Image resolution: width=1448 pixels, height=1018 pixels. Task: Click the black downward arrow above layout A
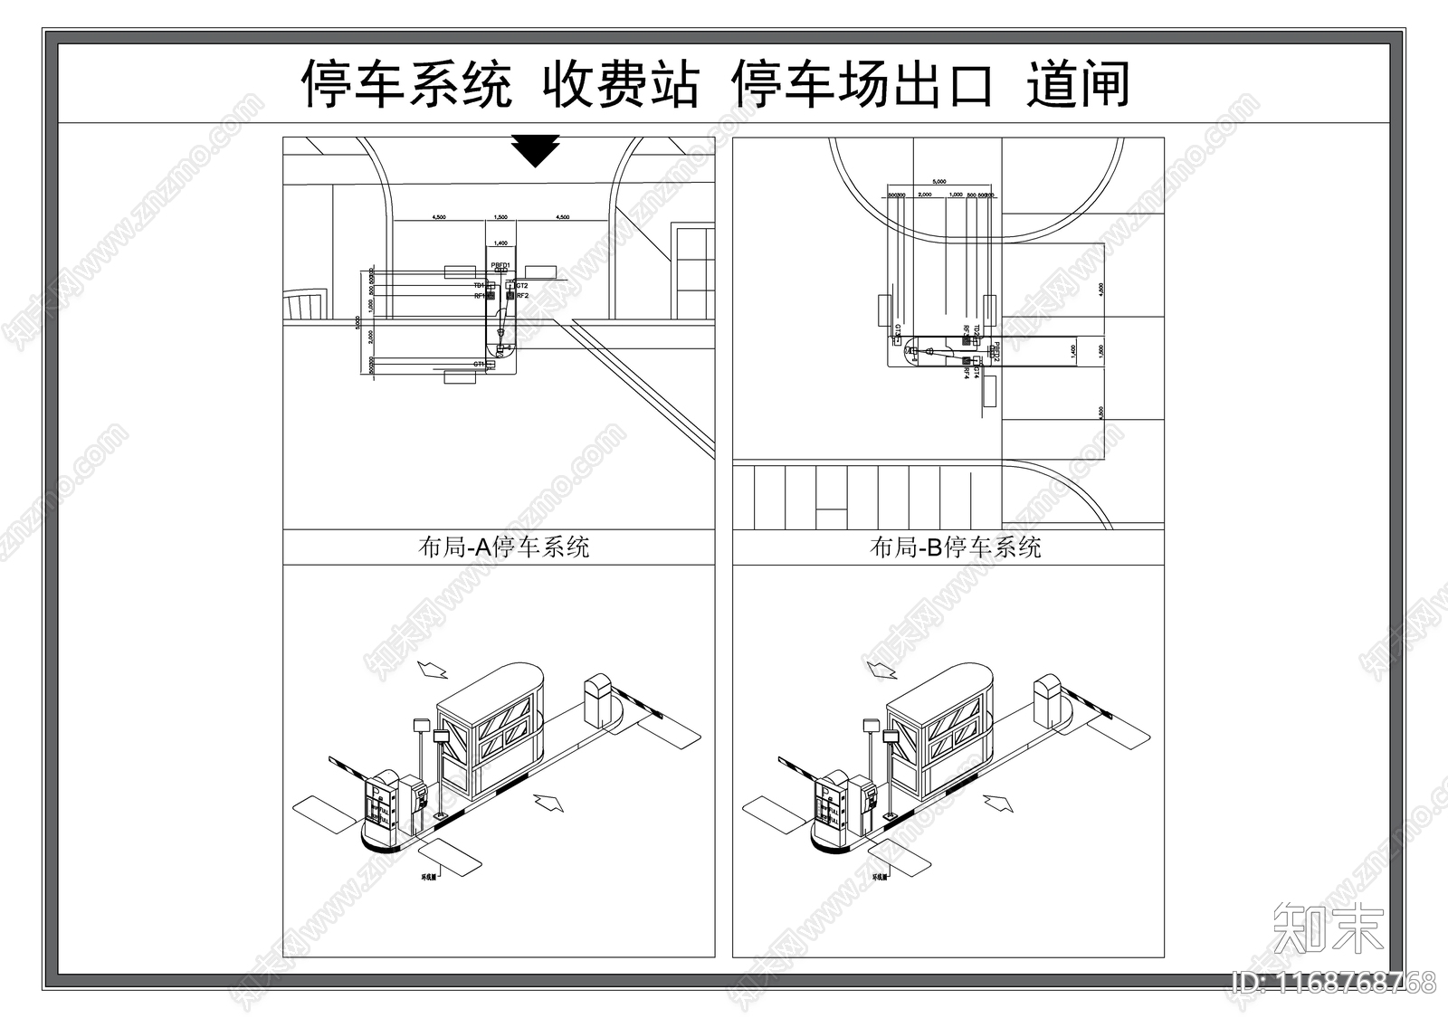tap(536, 150)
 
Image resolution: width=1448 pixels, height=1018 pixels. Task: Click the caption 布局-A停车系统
tap(504, 547)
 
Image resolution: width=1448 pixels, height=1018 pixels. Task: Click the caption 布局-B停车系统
tap(955, 547)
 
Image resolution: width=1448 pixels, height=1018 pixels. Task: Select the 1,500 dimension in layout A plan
tap(500, 217)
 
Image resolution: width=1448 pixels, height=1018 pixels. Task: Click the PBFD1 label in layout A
tap(500, 265)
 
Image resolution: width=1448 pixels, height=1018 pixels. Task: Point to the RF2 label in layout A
tap(522, 296)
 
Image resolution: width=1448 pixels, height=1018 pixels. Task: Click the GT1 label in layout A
tap(479, 364)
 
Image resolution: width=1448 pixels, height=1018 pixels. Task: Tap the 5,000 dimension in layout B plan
tap(939, 181)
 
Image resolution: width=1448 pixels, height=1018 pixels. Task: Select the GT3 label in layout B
tap(897, 330)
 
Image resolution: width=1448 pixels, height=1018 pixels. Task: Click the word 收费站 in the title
tap(621, 85)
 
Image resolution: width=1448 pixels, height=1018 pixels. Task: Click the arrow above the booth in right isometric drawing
tap(881, 669)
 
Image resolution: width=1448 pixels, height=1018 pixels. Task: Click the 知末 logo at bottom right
tap(1328, 928)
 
